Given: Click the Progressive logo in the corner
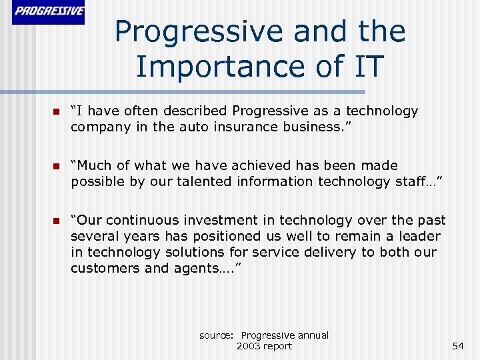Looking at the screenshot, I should [x=49, y=12].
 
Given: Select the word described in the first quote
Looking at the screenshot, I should [x=194, y=111].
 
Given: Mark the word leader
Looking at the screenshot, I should [x=419, y=236].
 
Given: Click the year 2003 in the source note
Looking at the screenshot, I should [x=249, y=346].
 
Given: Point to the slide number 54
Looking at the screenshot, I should [x=457, y=346].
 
